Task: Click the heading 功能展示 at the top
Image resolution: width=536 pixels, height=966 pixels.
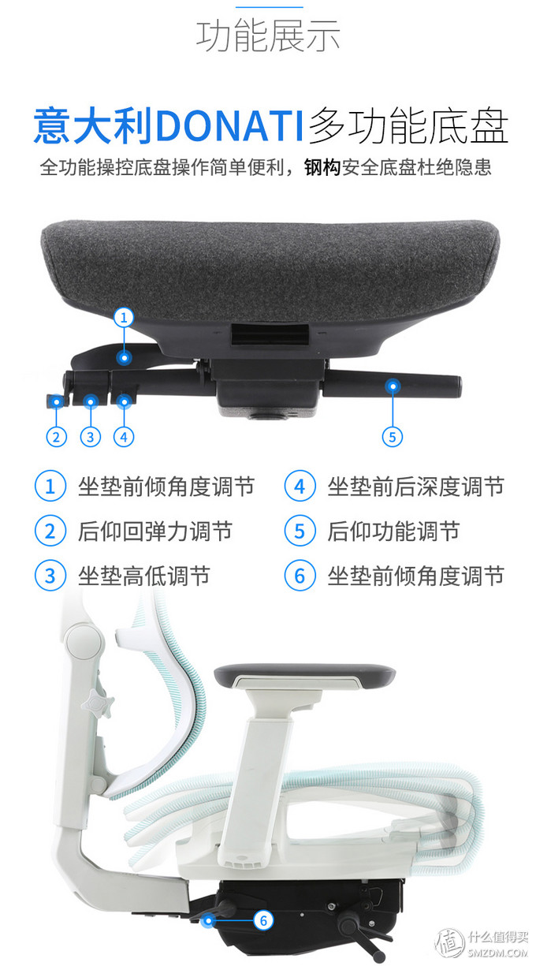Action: tap(268, 35)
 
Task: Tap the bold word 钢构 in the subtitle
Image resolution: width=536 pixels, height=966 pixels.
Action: tap(323, 168)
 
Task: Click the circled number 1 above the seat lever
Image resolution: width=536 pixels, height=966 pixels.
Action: tap(124, 318)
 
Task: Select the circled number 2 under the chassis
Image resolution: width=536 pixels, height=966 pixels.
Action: tap(57, 436)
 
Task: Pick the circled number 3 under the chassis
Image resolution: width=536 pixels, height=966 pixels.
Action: tap(90, 436)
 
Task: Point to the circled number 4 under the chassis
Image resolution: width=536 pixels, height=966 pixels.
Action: tap(123, 436)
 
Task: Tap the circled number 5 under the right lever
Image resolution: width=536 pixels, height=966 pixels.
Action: tap(392, 436)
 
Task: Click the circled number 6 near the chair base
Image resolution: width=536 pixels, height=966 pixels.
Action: tap(264, 919)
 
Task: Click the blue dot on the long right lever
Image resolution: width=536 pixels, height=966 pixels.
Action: tap(392, 386)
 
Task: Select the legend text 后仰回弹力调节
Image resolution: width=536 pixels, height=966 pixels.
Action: tap(155, 531)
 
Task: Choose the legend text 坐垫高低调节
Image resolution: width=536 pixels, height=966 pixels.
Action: tap(144, 576)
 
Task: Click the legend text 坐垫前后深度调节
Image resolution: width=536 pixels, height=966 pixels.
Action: tap(416, 487)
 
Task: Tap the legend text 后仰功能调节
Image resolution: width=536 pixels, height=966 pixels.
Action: tap(394, 531)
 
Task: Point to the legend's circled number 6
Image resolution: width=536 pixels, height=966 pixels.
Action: tap(300, 576)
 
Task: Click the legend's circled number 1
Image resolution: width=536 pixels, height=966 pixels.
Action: tap(50, 487)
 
